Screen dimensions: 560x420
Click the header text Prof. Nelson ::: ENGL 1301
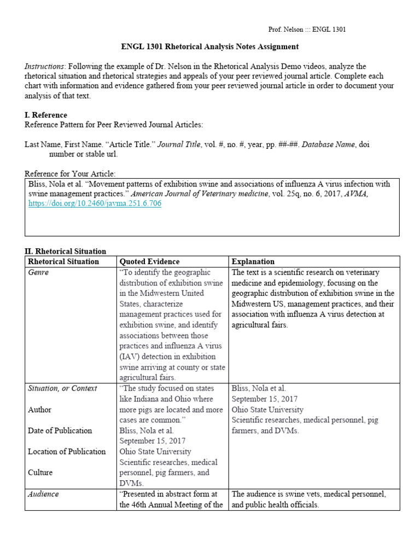click(307, 30)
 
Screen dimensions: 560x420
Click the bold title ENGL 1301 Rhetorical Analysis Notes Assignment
click(209, 46)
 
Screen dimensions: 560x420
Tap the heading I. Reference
click(46, 115)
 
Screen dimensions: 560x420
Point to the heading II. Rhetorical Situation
click(66, 251)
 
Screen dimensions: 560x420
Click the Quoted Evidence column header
click(149, 261)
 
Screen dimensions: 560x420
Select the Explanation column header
click(253, 261)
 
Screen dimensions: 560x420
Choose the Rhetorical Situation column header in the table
click(63, 261)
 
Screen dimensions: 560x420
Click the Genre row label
click(38, 272)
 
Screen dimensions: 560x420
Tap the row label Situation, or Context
click(62, 388)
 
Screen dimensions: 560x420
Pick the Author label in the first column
click(40, 409)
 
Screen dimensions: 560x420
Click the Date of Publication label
click(60, 430)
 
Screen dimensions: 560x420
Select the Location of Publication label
click(67, 451)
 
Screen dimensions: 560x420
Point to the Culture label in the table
click(40, 472)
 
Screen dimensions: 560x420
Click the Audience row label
click(43, 494)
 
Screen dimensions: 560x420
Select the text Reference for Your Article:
click(70, 173)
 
